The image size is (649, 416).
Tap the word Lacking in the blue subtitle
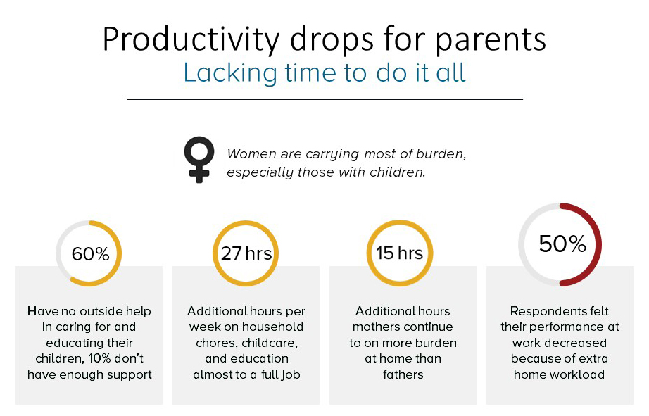coord(230,73)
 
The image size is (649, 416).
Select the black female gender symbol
coord(199,159)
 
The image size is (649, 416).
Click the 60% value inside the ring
coord(90,253)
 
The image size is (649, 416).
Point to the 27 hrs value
coord(246,253)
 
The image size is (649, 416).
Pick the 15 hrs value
coord(399,253)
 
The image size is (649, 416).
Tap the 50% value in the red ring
coord(562,244)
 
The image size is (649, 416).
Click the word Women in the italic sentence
coord(252,153)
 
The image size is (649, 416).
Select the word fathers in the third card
coord(403,374)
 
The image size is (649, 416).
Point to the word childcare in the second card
coord(269,343)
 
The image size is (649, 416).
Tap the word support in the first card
coord(129,375)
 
